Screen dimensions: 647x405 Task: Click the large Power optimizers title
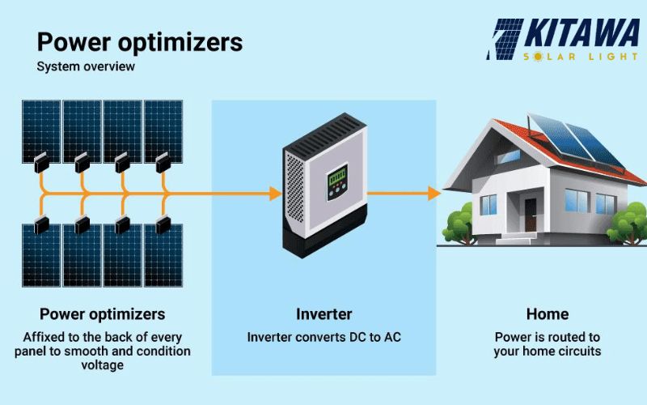tap(139, 43)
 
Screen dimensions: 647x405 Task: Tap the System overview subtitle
tap(86, 66)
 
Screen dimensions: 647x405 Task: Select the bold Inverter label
tap(324, 314)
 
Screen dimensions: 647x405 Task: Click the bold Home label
tap(548, 314)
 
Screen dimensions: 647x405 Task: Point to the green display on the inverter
tap(336, 177)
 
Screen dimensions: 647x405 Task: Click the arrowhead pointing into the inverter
tap(276, 194)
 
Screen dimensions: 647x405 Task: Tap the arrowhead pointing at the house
tap(434, 194)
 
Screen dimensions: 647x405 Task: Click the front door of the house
tap(531, 215)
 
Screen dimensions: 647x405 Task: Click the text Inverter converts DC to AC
tap(324, 337)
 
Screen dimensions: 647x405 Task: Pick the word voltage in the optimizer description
tap(103, 365)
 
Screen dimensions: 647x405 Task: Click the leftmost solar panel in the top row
tap(41, 131)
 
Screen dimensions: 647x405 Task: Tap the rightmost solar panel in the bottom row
tap(163, 255)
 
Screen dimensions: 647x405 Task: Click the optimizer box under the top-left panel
tap(42, 163)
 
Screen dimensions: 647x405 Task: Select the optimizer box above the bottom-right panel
tap(163, 225)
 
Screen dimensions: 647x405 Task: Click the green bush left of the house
tap(458, 224)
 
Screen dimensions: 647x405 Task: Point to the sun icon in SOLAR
tap(538, 56)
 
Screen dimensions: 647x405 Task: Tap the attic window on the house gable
tap(508, 156)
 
